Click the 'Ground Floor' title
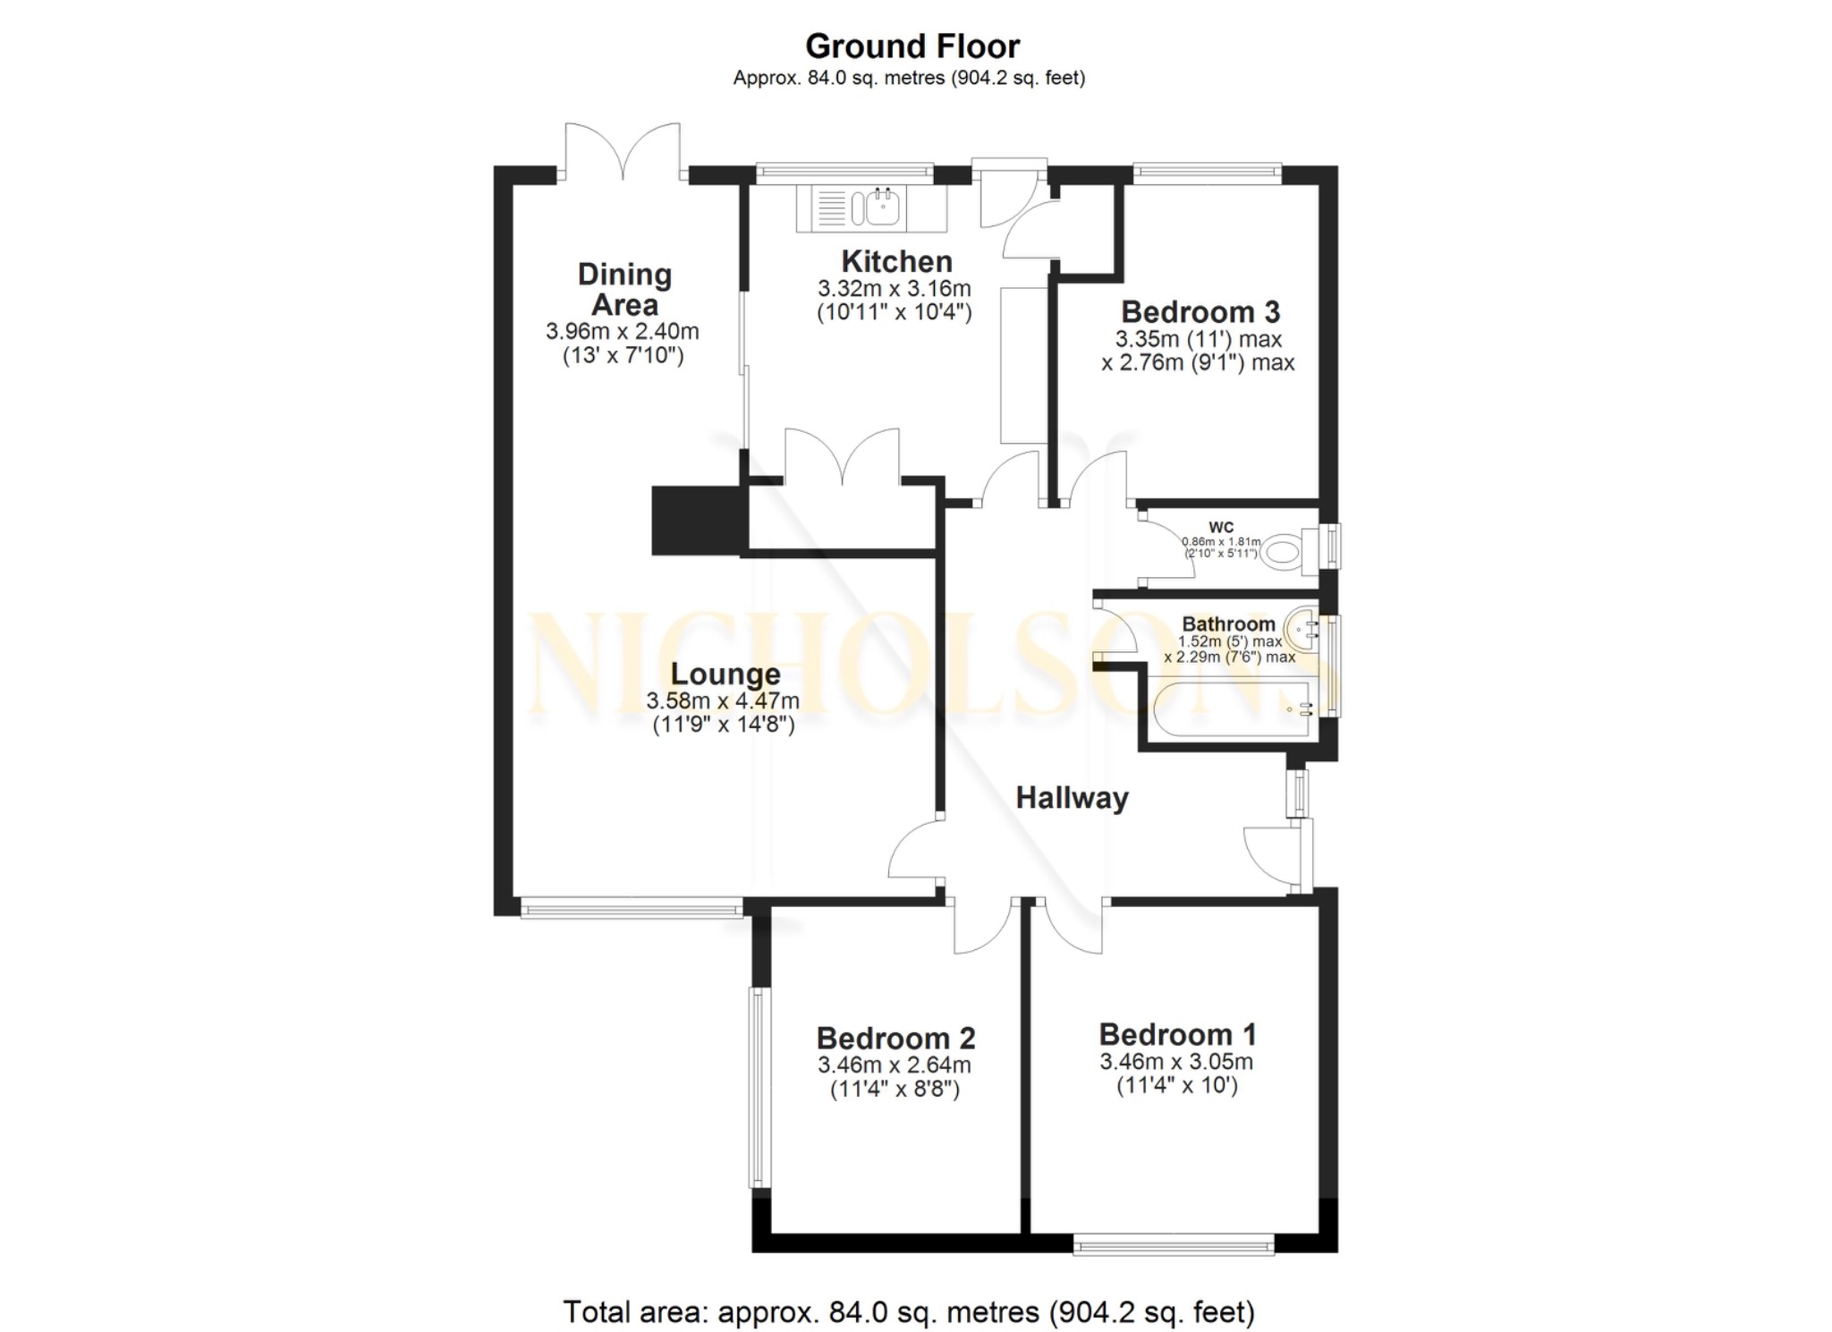click(912, 46)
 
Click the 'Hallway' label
click(1072, 797)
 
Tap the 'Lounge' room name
click(725, 674)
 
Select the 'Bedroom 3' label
click(1200, 311)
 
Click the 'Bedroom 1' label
click(1177, 1034)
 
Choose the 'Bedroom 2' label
click(895, 1038)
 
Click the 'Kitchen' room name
click(896, 261)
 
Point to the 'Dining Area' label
click(624, 289)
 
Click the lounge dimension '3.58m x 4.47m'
click(723, 700)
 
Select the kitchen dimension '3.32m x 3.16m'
click(894, 289)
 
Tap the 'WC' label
click(1220, 527)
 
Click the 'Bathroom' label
click(1228, 624)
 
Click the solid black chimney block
click(697, 520)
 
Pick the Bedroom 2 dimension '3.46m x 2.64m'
click(894, 1065)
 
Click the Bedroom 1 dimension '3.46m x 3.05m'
click(1175, 1062)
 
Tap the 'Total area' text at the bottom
click(908, 1311)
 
